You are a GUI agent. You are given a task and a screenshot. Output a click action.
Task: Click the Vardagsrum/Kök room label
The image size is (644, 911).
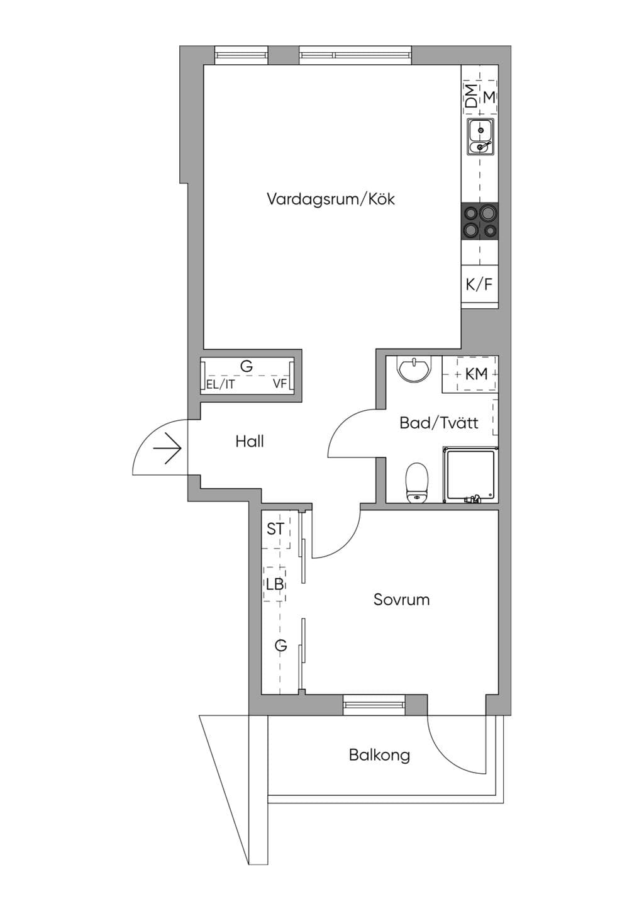[x=331, y=199]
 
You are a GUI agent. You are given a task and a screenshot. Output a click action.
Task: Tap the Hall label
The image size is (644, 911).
[x=250, y=441]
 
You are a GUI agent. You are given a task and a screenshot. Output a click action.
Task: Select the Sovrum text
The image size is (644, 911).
[x=401, y=600]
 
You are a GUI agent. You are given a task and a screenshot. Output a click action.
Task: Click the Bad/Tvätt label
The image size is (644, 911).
[x=439, y=423]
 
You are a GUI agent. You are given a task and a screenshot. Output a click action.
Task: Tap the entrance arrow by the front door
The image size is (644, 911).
[x=167, y=449]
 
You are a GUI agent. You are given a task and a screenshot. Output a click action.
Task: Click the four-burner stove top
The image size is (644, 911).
[x=480, y=221]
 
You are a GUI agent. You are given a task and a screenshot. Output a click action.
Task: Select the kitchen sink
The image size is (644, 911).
[x=480, y=137]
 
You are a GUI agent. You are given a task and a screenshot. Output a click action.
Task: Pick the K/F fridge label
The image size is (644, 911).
[x=479, y=284]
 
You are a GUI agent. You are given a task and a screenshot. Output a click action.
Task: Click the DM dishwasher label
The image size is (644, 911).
[x=472, y=96]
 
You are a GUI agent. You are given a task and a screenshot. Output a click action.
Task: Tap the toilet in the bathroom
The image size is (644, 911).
[x=417, y=483]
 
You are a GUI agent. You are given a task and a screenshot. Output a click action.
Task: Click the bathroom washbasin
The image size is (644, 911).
[x=413, y=369]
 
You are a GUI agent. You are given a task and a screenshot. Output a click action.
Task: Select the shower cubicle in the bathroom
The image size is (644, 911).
[x=471, y=474]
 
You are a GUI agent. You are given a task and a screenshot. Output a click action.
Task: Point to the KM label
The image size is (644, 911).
[x=476, y=374]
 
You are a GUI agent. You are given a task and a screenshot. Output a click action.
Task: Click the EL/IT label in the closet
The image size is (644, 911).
[x=220, y=385]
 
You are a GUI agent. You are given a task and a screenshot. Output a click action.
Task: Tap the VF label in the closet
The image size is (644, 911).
[x=280, y=384]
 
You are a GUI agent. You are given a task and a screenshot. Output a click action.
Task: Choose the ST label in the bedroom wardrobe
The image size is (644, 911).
[x=275, y=529]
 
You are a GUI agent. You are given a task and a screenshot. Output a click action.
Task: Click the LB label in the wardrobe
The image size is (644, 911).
[x=275, y=584]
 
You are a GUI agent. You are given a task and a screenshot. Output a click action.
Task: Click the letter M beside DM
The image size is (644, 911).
[x=489, y=97]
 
